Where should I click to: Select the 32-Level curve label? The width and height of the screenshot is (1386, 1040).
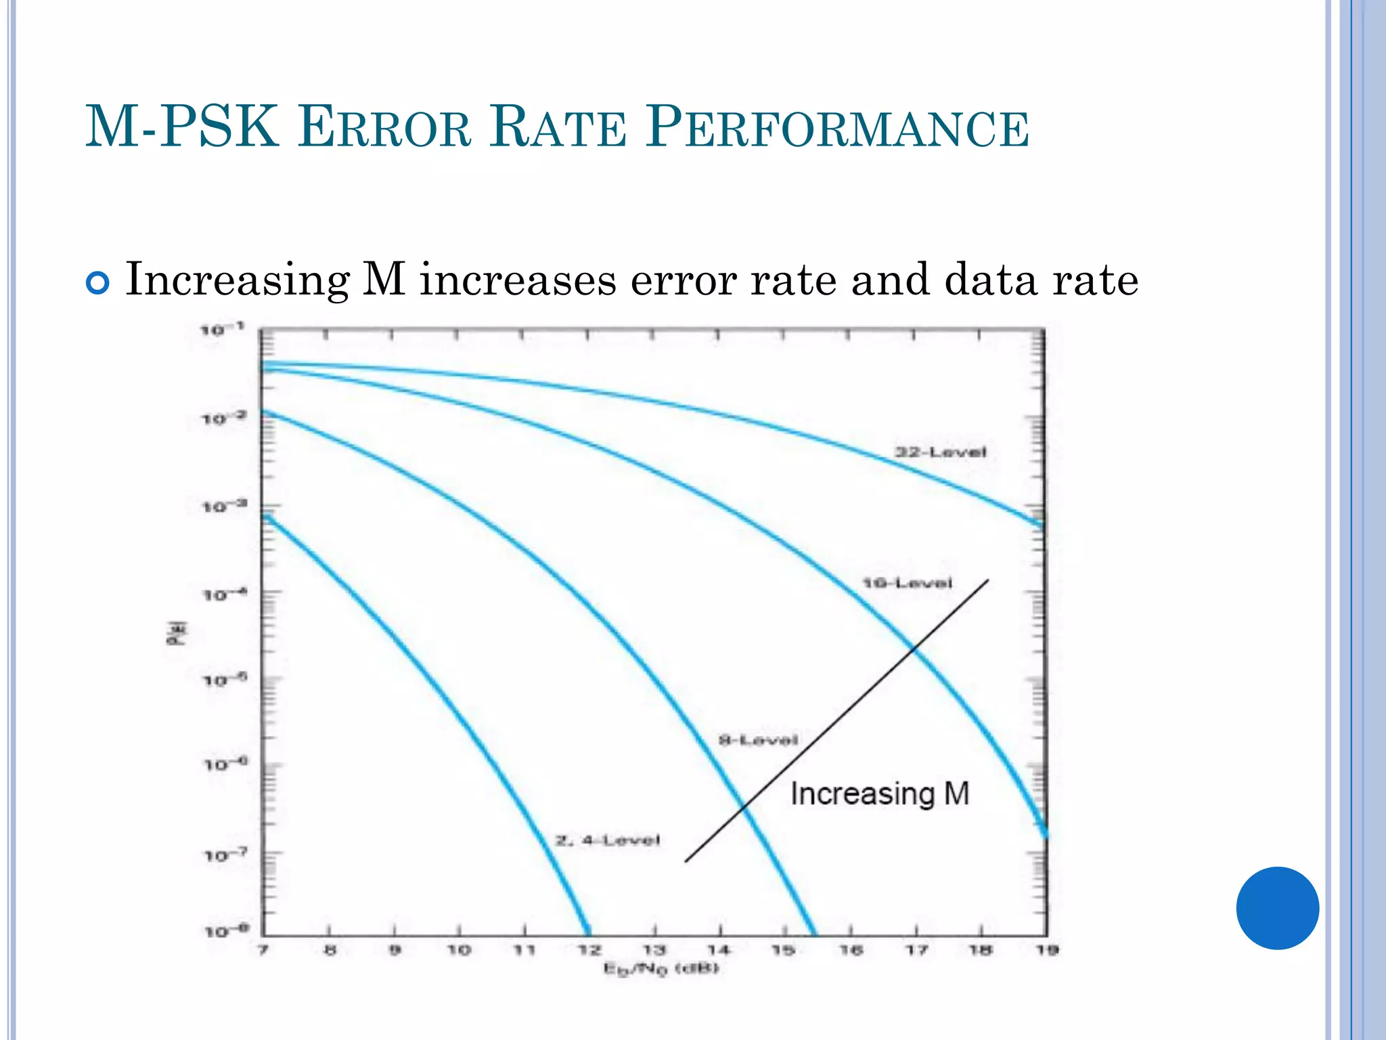coord(941,452)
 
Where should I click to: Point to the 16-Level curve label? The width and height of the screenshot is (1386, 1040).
coord(907,583)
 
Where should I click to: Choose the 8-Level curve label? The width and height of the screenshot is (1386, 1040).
coord(758,740)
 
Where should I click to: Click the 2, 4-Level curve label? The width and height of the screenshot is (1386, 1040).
coord(607,841)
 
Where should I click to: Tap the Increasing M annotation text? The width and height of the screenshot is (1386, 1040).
coord(880,794)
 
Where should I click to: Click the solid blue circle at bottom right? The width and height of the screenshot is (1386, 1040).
coord(1277,908)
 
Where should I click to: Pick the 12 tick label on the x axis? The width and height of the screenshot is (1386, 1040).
coord(589,950)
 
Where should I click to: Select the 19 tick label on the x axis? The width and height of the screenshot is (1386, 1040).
coord(1047,950)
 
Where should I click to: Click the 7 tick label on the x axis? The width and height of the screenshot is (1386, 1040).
coord(263,950)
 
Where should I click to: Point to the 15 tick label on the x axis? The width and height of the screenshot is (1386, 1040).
coord(784,950)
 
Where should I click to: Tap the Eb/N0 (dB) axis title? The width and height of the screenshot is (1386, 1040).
coord(661,970)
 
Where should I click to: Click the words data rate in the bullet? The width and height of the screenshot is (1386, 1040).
coord(1041,280)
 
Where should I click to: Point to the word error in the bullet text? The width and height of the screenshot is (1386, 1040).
coord(684,280)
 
